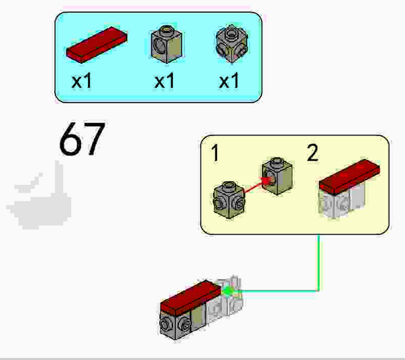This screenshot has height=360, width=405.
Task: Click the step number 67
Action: coord(82,139)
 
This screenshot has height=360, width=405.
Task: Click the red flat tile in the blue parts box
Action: coord(97,45)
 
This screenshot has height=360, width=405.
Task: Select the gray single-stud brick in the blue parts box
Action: coord(166,44)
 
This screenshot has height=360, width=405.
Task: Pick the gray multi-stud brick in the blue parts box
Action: coord(232,44)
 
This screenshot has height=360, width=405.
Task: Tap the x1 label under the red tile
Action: coord(82,80)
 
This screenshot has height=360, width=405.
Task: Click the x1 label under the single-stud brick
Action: coord(164,80)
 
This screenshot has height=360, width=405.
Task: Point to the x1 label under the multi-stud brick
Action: coord(229,80)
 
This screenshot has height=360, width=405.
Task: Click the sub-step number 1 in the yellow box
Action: coord(215,153)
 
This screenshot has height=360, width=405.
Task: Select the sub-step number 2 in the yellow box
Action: coord(312,153)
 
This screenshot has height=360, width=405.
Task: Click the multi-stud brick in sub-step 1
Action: coord(229,200)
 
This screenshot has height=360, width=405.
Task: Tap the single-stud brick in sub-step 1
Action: coord(277,176)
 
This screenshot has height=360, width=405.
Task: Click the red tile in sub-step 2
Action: coord(349,177)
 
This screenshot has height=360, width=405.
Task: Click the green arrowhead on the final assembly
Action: coord(228,291)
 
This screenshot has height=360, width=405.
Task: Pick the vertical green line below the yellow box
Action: coord(318,263)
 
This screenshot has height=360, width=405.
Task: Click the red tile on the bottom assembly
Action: coord(191,297)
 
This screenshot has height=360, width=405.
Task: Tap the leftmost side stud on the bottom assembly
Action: coord(164,324)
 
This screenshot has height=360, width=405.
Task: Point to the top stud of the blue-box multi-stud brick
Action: coord(232,33)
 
